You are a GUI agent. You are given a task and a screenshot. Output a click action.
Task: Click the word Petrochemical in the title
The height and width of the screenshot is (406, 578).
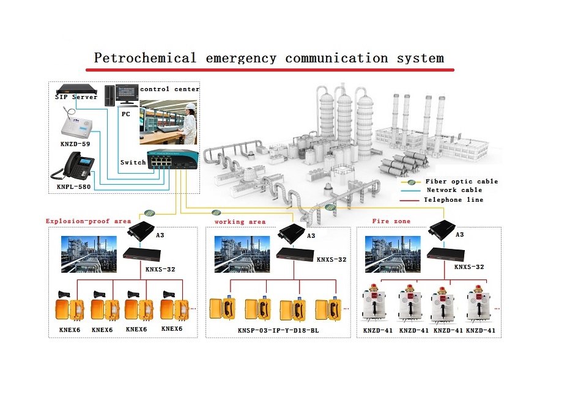(145, 59)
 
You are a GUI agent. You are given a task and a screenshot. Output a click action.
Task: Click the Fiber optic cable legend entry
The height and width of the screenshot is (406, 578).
(461, 182)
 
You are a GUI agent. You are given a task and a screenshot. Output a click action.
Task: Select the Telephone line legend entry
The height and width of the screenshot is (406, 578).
(453, 200)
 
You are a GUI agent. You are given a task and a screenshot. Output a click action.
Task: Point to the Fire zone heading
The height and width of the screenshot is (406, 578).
(391, 221)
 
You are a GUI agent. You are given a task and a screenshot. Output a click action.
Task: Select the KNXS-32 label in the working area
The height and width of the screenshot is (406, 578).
(331, 259)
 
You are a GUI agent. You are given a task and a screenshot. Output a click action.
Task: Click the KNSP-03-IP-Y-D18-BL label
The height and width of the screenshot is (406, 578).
(278, 331)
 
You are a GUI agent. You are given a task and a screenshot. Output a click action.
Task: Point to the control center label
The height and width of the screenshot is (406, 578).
(169, 89)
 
